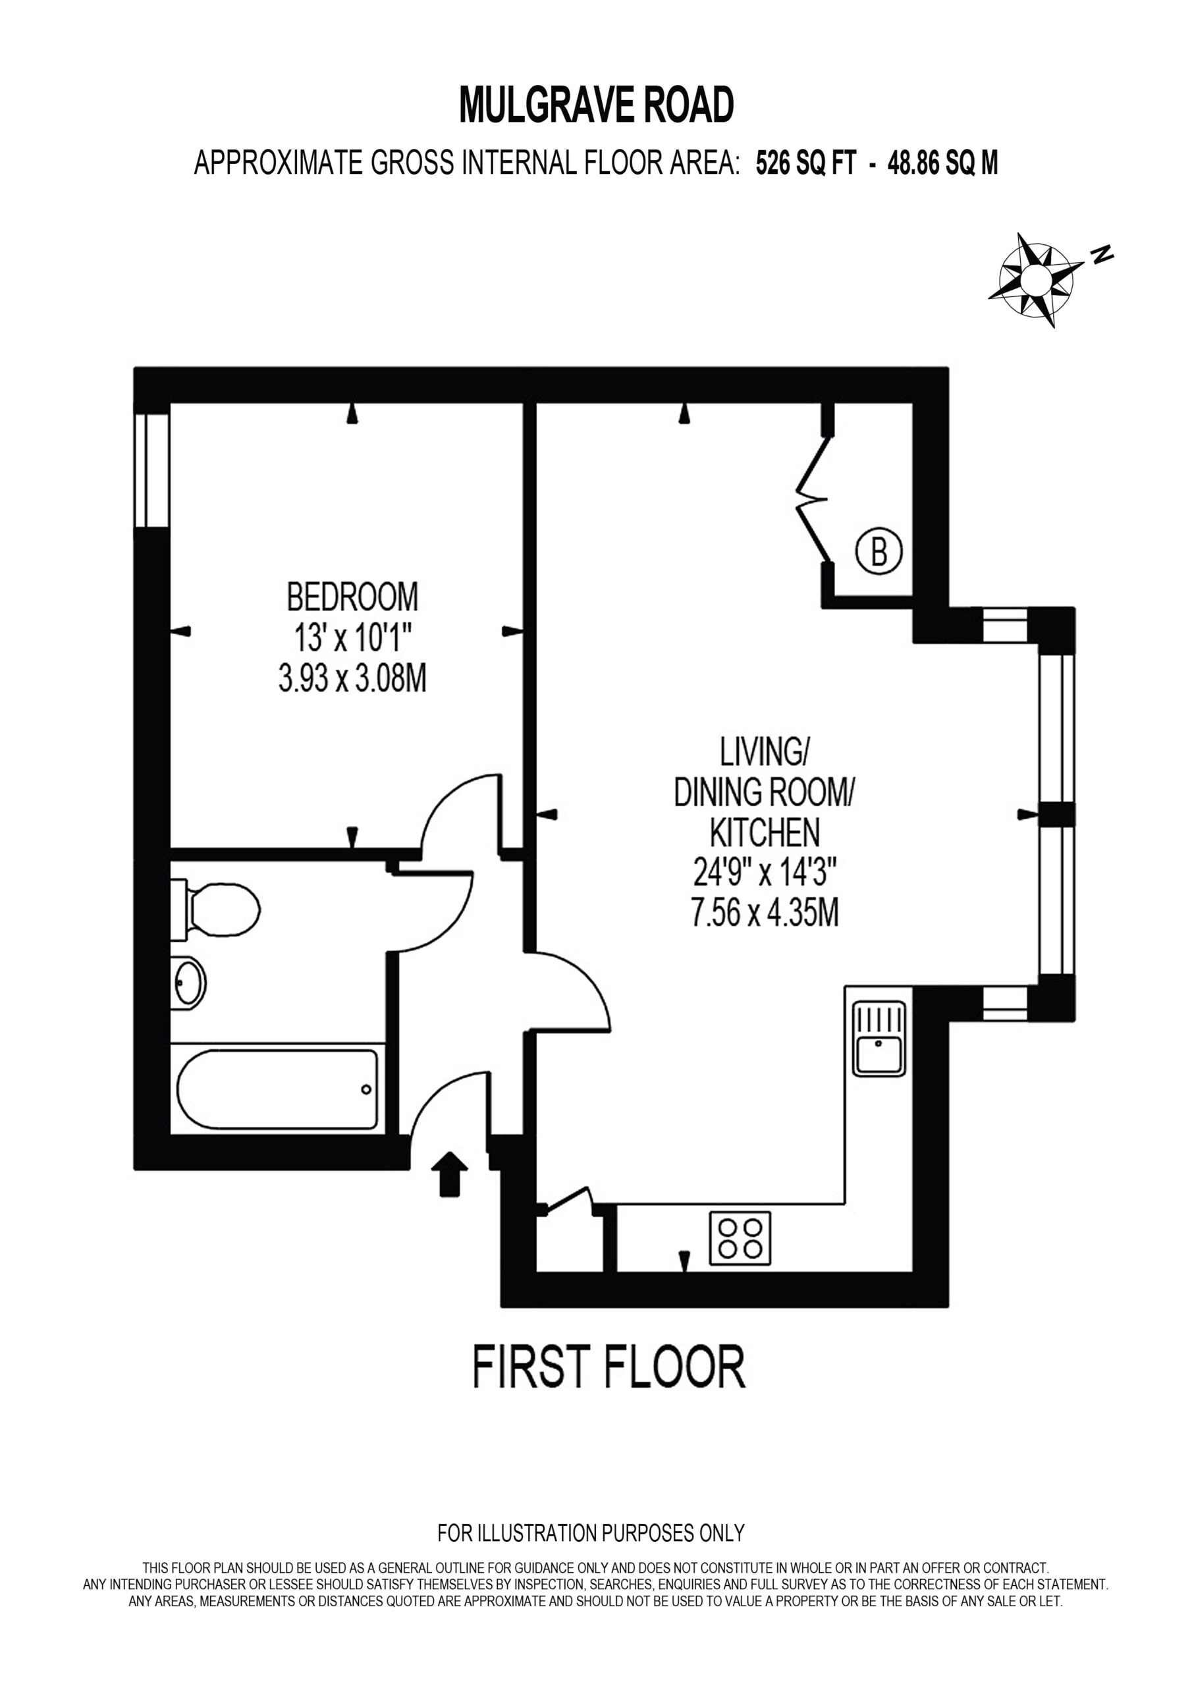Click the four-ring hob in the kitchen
(740, 1238)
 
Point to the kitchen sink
(879, 1039)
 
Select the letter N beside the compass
(1102, 254)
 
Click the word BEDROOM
(352, 596)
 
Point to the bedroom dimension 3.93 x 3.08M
(352, 678)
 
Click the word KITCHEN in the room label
(765, 832)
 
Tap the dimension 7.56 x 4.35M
(765, 913)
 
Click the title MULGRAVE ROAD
(597, 104)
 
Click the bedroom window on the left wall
(152, 470)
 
